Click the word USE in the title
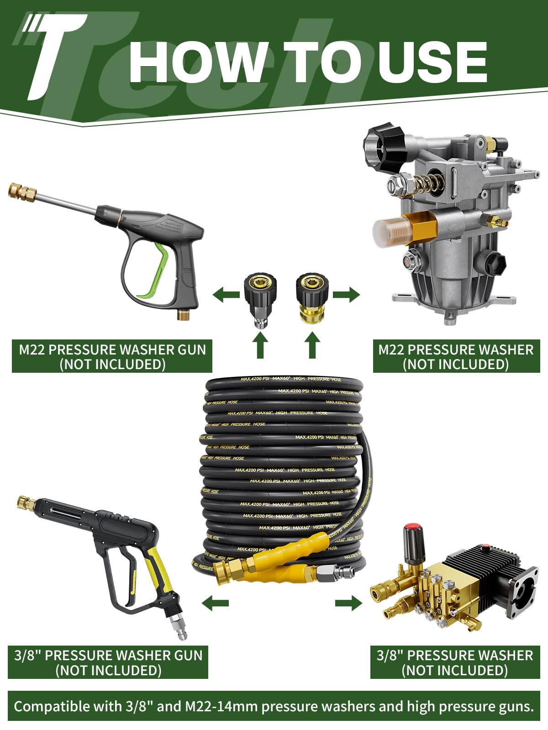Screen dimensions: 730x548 pos(432,63)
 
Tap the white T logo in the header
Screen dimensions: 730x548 pos(55,55)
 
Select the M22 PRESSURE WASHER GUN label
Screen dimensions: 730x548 pos(112,357)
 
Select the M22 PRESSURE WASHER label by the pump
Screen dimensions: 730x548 pos(456,357)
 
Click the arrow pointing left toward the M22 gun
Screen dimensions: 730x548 pos(226,294)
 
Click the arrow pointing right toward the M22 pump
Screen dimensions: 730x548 pos(346,294)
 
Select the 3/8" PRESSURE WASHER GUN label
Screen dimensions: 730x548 pos(108,662)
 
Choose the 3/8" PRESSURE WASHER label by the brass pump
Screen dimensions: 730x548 pos(454,662)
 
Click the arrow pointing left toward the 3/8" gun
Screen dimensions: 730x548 pos(215,604)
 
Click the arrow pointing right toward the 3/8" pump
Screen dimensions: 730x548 pos(348,604)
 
